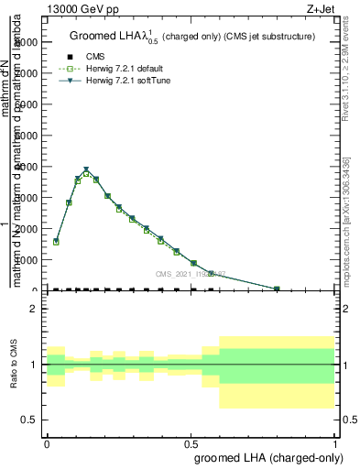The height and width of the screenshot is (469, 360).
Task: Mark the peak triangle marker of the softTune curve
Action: click(86, 169)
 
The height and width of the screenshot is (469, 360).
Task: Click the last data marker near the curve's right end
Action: click(277, 289)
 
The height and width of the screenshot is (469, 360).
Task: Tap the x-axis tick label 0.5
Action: click(191, 443)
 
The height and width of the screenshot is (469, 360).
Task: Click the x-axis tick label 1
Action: click(334, 443)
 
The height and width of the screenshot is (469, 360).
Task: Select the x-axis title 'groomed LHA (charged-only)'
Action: click(265, 457)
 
